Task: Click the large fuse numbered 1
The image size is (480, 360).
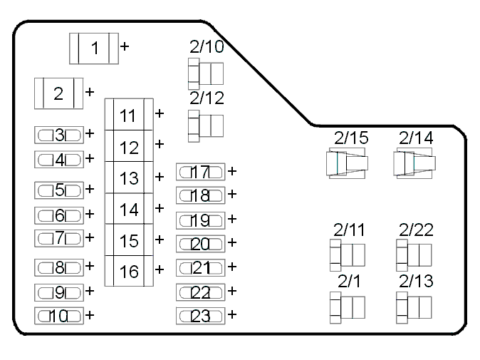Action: (94, 48)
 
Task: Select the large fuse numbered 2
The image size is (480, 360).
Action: (59, 93)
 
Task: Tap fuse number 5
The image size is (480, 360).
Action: (59, 190)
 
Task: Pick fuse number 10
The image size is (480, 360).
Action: (59, 316)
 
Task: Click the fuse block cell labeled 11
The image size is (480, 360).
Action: (129, 114)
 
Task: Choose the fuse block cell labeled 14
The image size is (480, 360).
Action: (129, 209)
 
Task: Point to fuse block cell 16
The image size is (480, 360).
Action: (129, 271)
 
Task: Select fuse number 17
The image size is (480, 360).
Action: (201, 172)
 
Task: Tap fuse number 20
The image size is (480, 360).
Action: (201, 244)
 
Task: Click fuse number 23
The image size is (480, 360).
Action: (201, 316)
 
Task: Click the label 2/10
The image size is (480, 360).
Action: (207, 46)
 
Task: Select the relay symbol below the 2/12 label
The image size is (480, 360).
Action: (206, 126)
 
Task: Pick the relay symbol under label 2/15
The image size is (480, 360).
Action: (347, 163)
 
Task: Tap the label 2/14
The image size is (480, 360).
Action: (416, 138)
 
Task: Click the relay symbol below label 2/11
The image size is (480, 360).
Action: (348, 255)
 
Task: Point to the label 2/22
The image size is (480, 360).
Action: (416, 230)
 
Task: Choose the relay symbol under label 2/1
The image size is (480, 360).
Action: (348, 308)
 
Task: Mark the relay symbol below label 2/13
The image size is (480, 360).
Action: (414, 308)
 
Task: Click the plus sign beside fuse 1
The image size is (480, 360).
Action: (125, 46)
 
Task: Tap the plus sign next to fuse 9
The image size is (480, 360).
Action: (90, 290)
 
